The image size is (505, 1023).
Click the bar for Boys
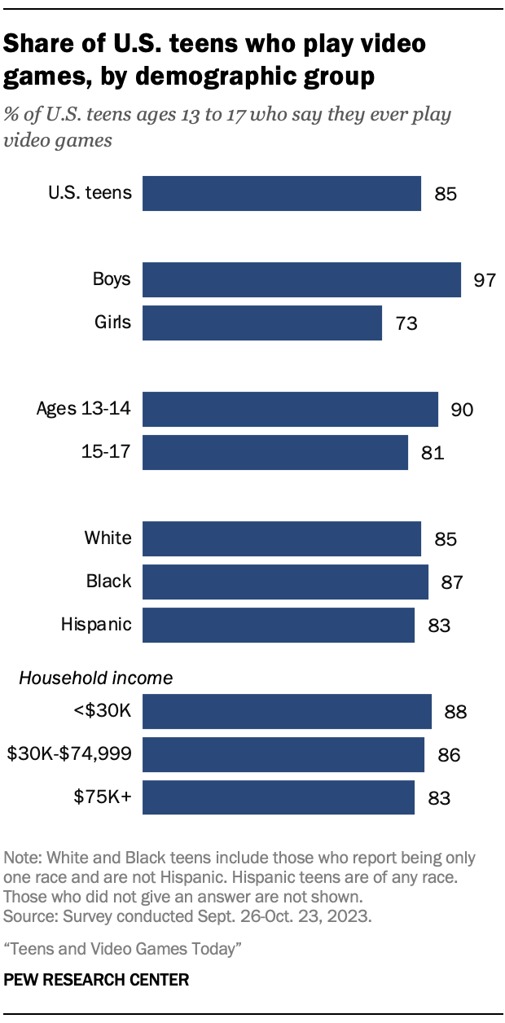[301, 279]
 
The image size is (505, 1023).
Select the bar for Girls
[262, 323]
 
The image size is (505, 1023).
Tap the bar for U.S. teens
[282, 194]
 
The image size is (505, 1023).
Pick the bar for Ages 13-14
[290, 409]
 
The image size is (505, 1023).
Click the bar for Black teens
[285, 582]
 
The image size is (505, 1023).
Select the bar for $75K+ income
[279, 797]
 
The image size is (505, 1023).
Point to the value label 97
[485, 280]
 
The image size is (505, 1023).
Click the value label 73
[406, 323]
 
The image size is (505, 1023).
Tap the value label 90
[462, 410]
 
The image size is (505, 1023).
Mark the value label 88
[455, 712]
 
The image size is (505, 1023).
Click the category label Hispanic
[96, 625]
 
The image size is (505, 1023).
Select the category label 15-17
[107, 451]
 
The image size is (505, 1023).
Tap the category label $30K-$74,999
[69, 754]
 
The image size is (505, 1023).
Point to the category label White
[108, 538]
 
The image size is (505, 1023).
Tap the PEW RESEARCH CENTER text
[96, 981]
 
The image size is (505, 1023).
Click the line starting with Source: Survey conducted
[188, 916]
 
